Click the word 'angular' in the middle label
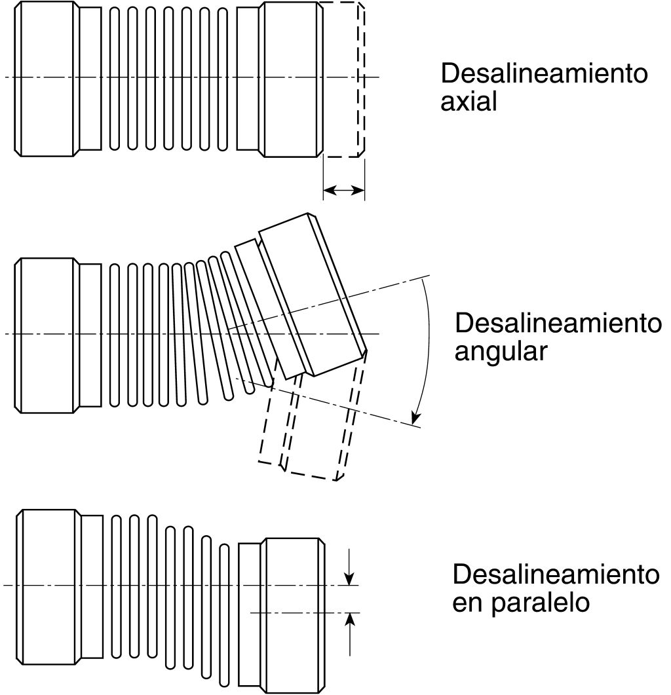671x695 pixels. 500,352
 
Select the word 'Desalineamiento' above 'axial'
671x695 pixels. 544,73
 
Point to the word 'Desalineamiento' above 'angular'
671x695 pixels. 558,323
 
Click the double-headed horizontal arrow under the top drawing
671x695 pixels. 343,190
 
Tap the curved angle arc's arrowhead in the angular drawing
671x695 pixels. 415,417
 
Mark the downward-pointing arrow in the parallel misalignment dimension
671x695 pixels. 350,576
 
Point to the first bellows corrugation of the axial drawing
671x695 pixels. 113,79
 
